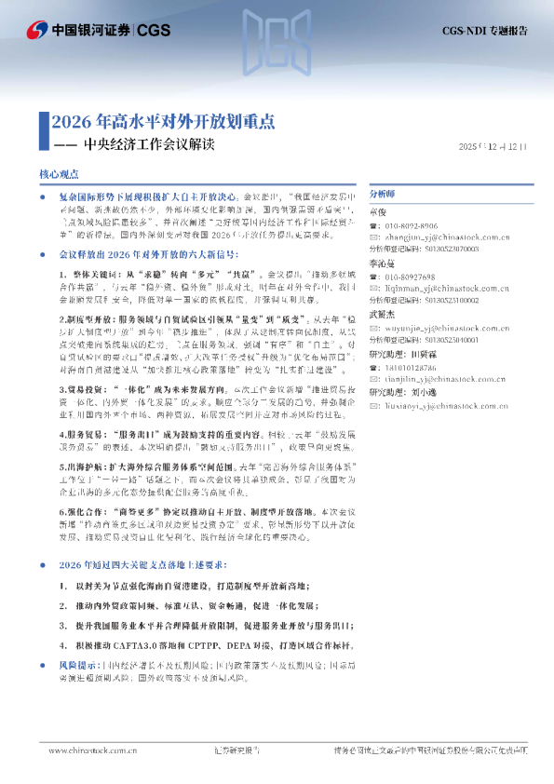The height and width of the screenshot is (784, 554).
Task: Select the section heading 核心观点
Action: (60, 174)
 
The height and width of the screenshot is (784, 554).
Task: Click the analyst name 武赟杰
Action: (382, 317)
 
